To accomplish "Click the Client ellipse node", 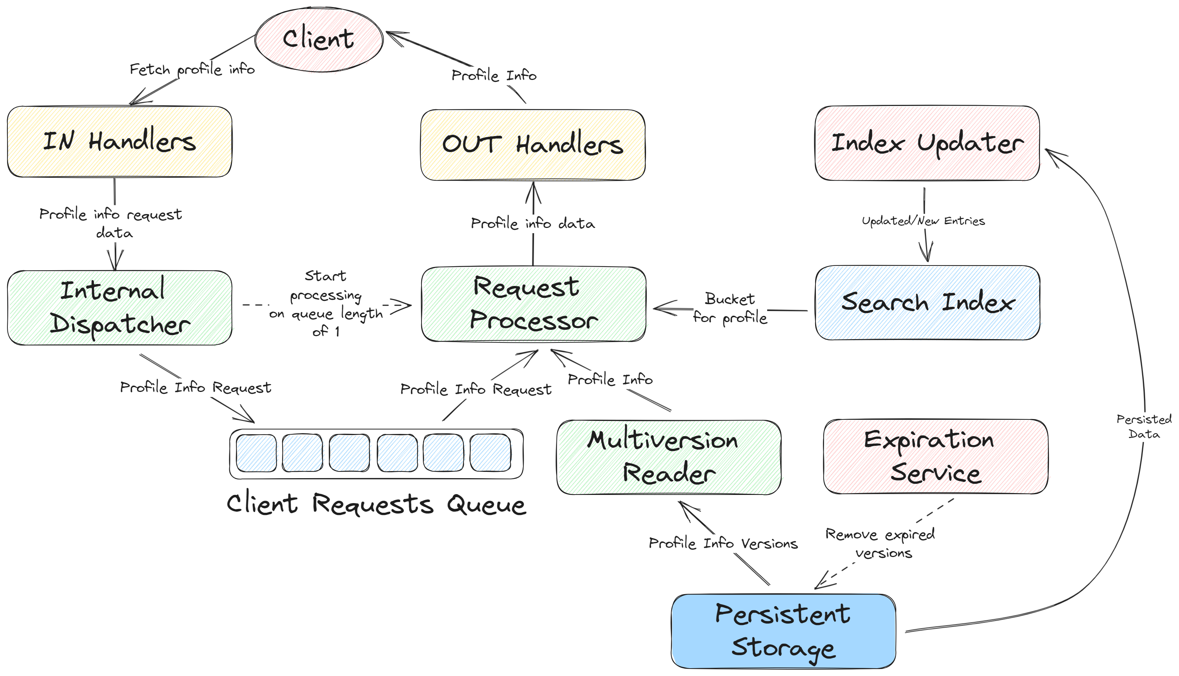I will [319, 39].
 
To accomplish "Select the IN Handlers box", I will [119, 142].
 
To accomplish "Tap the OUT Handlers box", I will [533, 145].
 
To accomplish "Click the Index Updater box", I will [927, 143].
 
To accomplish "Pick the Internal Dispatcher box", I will [119, 308].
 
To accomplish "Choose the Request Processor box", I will [534, 304].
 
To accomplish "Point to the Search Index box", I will [927, 303].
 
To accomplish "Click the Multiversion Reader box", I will [669, 457].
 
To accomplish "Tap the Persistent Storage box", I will [783, 631].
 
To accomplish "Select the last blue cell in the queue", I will [490, 453].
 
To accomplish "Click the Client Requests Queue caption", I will [376, 504].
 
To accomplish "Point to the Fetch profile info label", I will [192, 70].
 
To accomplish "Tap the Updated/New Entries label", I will [923, 221].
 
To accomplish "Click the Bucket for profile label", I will [730, 308].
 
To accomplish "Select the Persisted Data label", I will [1143, 426].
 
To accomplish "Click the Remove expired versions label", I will [880, 544].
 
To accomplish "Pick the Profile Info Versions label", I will [723, 543].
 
